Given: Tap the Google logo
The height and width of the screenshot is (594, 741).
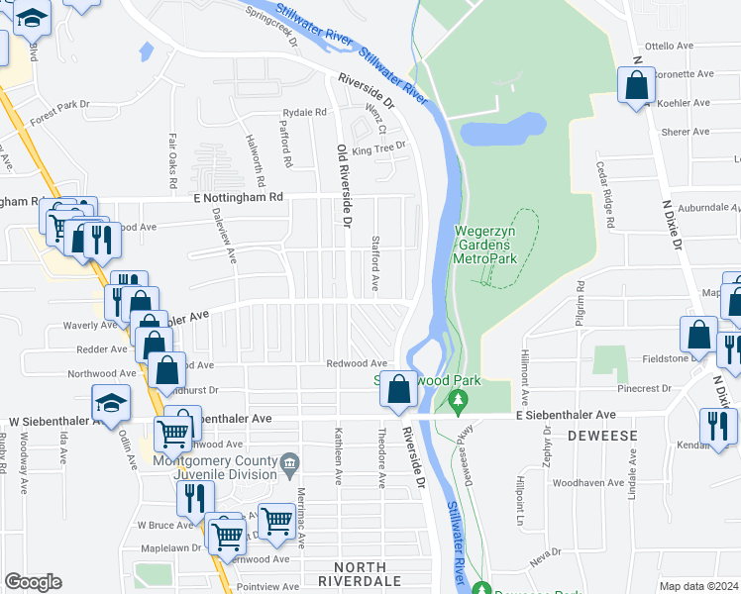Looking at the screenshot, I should point(33,582).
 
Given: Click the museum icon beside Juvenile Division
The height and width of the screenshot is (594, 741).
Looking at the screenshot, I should point(289,461).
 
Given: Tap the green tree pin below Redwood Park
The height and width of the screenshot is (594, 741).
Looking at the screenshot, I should point(457,401).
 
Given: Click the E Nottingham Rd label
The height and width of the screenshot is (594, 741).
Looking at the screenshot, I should point(238,197).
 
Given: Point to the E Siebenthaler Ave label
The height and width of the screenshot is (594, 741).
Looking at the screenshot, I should point(566,415).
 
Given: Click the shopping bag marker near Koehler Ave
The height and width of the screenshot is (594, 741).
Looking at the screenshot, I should point(636,85).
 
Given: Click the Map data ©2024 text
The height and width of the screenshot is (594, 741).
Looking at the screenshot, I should point(698,586).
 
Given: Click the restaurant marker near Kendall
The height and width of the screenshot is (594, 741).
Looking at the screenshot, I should point(717,426).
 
